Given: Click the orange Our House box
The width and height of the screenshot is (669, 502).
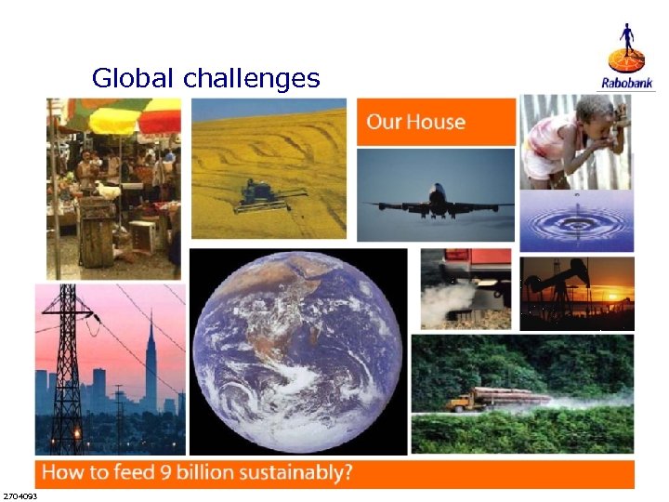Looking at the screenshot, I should (x=436, y=122).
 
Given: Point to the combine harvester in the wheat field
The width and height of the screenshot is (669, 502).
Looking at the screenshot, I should (x=268, y=194).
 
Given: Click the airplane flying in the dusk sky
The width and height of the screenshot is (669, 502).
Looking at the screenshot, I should (x=438, y=200).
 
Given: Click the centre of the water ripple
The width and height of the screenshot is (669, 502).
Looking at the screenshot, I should (x=575, y=223).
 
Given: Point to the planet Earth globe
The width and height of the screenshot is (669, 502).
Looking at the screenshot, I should (x=298, y=351).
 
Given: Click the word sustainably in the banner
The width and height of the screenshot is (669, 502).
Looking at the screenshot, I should (x=294, y=471).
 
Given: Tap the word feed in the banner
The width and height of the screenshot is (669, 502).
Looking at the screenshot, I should (x=137, y=471).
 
